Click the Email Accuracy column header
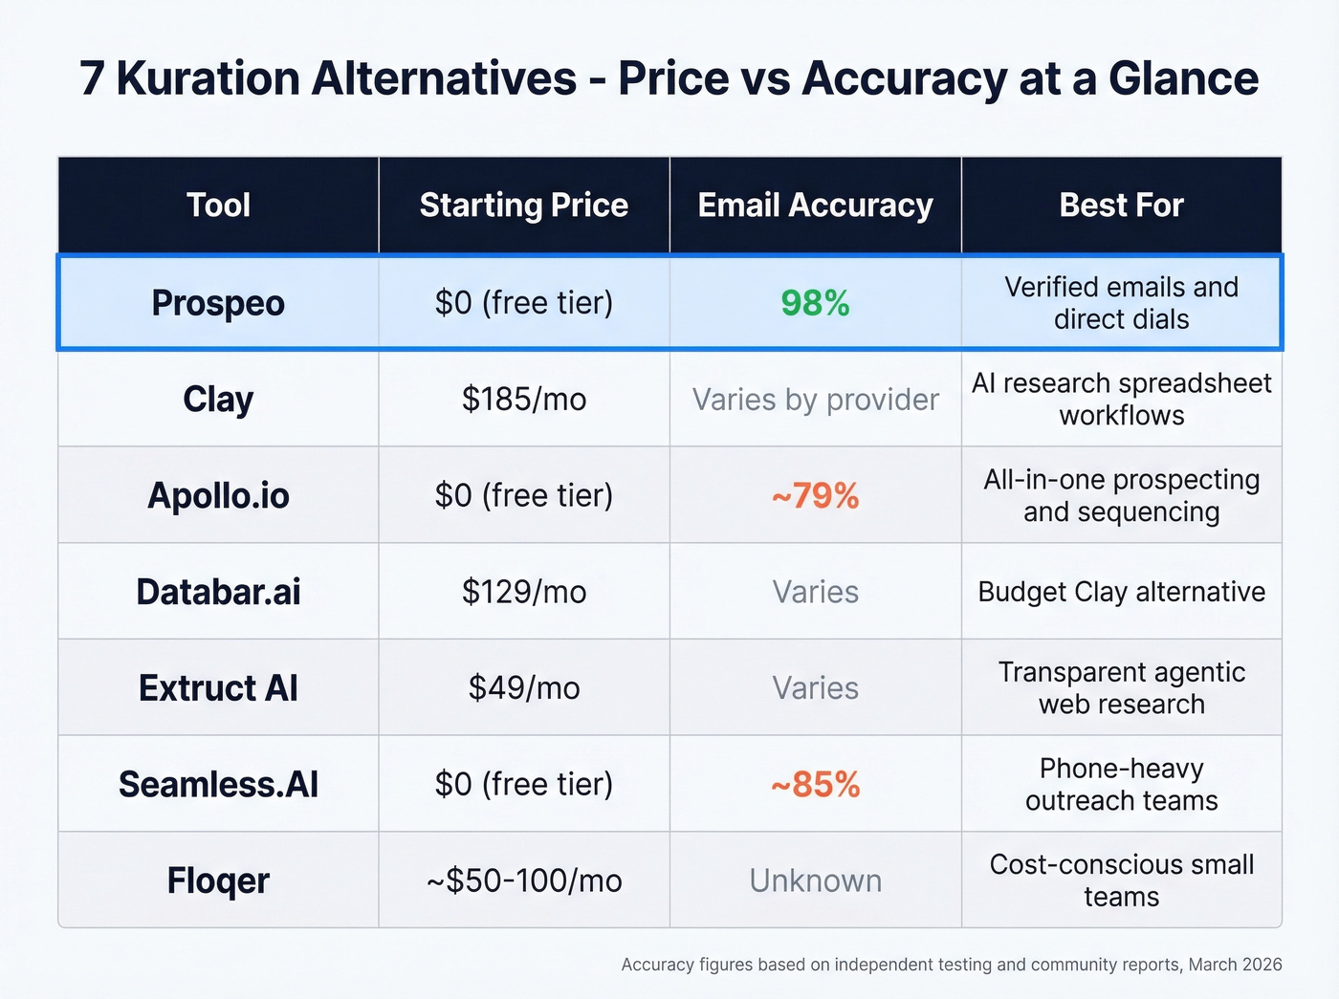(x=815, y=206)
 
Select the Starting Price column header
(x=523, y=206)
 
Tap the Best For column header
(x=1121, y=206)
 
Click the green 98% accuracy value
(x=815, y=303)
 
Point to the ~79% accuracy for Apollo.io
(x=815, y=496)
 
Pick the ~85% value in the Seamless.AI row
(x=815, y=785)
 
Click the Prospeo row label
(x=218, y=303)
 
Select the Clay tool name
(x=218, y=400)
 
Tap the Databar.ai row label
(x=218, y=592)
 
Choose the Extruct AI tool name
(x=218, y=688)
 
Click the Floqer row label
(x=218, y=880)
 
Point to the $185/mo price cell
(x=523, y=400)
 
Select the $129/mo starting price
(x=523, y=592)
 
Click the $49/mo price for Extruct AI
(x=523, y=688)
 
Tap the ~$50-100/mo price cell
(x=523, y=880)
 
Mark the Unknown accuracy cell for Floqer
(x=815, y=880)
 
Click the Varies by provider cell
(x=815, y=400)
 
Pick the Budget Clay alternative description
(x=1121, y=592)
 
